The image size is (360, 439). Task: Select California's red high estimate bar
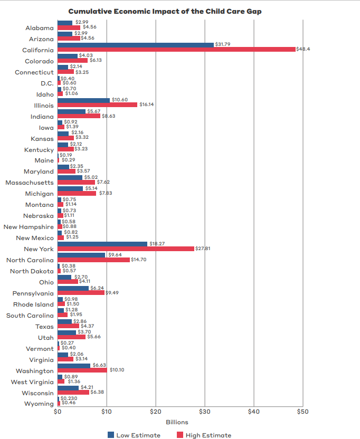[176, 50]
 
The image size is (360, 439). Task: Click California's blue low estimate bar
[136, 45]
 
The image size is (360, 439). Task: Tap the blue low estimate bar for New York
[102, 244]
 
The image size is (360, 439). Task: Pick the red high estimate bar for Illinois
[97, 105]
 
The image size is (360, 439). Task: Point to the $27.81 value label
[203, 248]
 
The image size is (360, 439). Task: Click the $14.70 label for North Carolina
[139, 260]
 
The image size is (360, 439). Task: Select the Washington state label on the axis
[35, 371]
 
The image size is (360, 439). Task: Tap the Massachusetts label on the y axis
[30, 183]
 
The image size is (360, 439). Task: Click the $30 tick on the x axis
[205, 412]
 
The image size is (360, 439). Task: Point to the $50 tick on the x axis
[302, 412]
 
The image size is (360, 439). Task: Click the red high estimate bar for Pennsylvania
[81, 293]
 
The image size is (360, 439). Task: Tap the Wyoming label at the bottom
[40, 404]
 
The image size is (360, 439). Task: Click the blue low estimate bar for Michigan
[70, 188]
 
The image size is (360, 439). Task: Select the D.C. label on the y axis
[47, 83]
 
